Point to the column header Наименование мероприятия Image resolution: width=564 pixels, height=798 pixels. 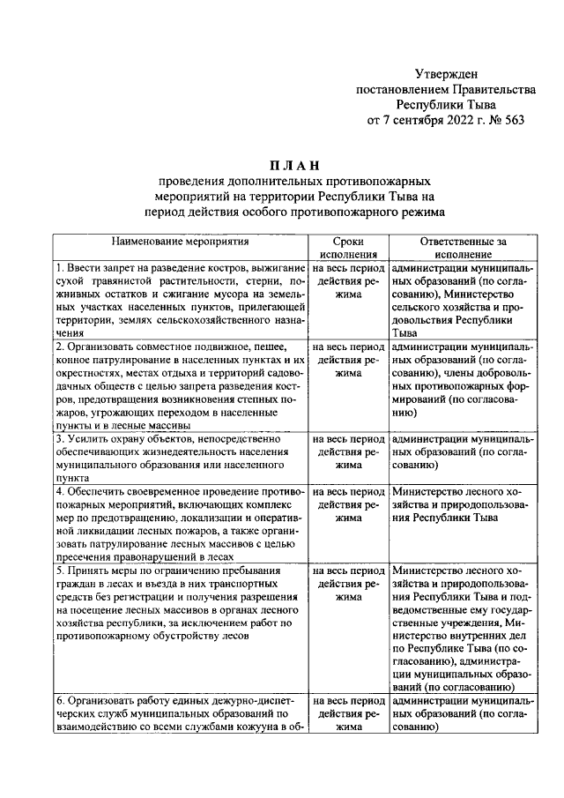(x=180, y=240)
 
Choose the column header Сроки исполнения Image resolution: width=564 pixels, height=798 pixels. (x=348, y=246)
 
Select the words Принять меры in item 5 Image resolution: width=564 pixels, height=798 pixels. (x=100, y=571)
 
